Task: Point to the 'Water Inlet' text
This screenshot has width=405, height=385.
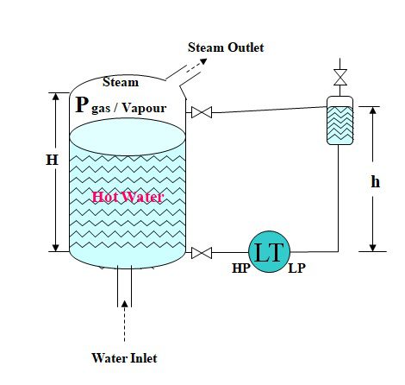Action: pyautogui.click(x=124, y=357)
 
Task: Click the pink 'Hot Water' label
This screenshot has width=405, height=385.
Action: pyautogui.click(x=127, y=198)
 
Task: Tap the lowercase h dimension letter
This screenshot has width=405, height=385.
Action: pyautogui.click(x=376, y=182)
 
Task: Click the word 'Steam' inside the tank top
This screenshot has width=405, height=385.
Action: pyautogui.click(x=120, y=82)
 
